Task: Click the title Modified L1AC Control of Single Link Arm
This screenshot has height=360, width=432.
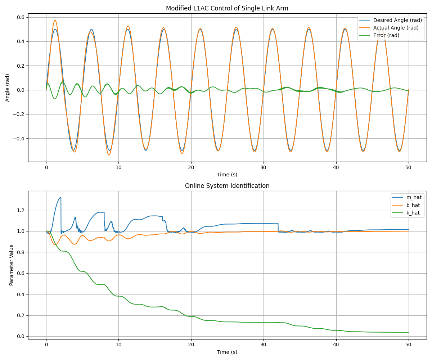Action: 227,8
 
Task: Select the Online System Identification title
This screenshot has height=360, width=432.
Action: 227,186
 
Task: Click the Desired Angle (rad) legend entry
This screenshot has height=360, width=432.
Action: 397,20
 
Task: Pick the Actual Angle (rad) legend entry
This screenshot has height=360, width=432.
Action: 396,28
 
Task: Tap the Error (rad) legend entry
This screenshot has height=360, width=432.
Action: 386,35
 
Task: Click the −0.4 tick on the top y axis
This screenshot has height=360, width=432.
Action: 20,139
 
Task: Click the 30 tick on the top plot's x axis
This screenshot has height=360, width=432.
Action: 264,167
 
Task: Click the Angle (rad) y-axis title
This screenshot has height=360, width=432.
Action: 8,87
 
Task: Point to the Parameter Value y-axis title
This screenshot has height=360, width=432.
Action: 11,265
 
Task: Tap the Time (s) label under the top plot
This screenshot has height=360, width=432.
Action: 227,175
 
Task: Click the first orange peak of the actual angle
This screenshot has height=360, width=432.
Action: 55,20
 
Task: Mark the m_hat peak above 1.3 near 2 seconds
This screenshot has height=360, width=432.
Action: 60,197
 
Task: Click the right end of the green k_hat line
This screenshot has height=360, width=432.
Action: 408,332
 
